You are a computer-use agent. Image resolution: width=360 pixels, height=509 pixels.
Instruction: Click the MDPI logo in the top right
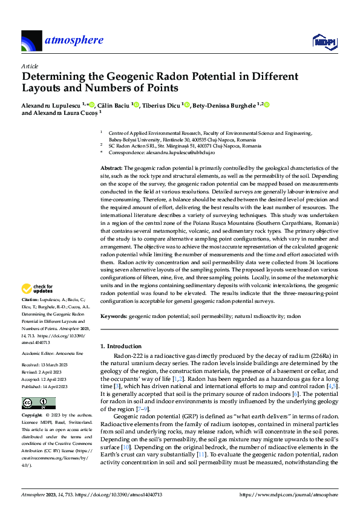click(x=323, y=41)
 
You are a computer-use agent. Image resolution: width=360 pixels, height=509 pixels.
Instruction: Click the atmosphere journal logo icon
click(x=31, y=42)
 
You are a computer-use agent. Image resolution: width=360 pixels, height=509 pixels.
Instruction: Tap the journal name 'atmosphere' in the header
click(x=74, y=41)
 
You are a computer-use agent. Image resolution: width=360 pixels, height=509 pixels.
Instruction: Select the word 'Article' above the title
click(x=30, y=66)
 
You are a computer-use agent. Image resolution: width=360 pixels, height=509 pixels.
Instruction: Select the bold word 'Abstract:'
click(x=111, y=167)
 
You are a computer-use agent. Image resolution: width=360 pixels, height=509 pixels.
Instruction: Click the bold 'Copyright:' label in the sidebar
click(x=32, y=416)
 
